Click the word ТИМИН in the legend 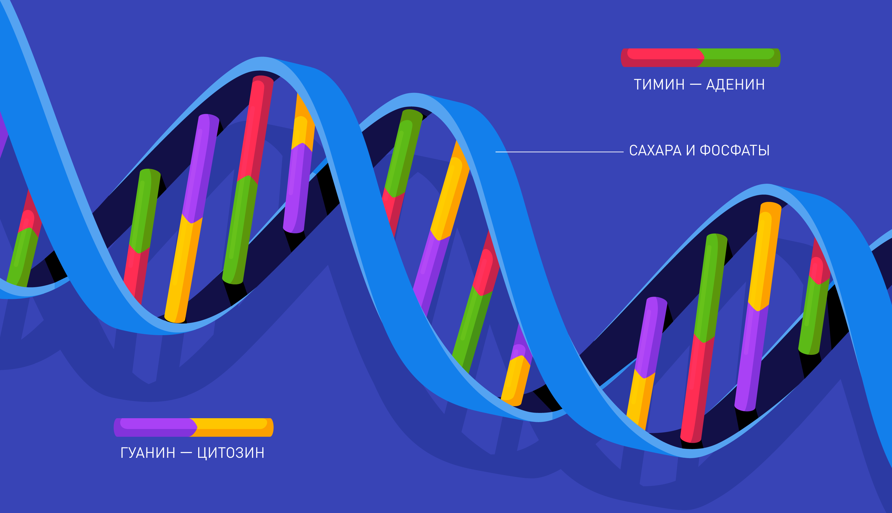tap(659, 84)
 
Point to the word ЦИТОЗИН tap(231, 453)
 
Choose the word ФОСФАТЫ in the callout tap(735, 151)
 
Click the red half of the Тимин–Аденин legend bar tap(662, 57)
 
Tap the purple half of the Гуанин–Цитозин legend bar tap(155, 427)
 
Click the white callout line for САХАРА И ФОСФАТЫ tap(559, 152)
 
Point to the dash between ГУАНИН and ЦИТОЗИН tap(186, 453)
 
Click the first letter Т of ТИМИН tap(638, 84)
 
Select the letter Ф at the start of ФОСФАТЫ tap(705, 151)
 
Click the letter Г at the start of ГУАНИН tap(124, 453)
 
